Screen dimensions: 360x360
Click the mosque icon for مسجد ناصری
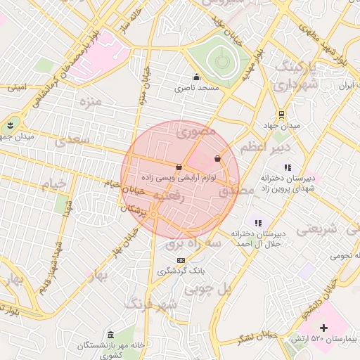click(196, 77)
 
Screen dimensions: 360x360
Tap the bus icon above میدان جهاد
click(281, 115)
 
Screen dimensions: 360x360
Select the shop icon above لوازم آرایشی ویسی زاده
click(179, 167)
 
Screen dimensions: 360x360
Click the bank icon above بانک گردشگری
click(181, 260)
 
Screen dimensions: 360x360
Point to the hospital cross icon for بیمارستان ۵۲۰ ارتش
click(323, 328)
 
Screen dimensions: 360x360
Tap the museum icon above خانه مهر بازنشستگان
click(110, 334)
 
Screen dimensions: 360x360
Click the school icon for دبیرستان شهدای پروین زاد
click(288, 167)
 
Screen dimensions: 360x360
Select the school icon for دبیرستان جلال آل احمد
click(257, 222)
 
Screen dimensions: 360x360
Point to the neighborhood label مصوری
click(195, 130)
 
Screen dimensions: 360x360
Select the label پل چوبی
click(207, 288)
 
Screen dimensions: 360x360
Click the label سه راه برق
click(193, 243)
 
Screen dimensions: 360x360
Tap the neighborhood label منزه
click(91, 102)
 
